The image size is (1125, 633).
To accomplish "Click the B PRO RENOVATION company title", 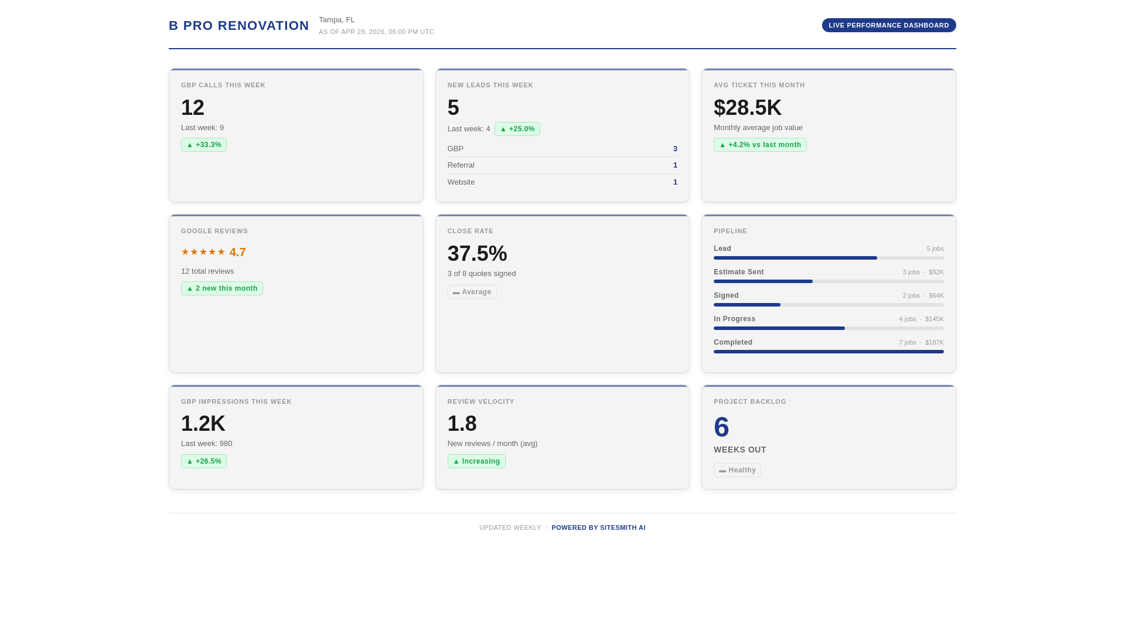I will pos(238,26).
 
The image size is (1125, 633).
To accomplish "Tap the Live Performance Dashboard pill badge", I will pos(888,25).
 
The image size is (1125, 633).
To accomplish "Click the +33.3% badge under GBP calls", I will pos(203,145).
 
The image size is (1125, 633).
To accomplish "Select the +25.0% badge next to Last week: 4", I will pos(517,129).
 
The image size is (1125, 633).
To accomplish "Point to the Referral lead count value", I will pos(675,165).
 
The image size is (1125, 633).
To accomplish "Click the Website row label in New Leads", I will pos(461,182).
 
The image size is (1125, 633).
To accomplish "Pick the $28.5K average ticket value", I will pos(747,108).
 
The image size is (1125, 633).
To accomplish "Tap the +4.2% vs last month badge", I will pos(759,145).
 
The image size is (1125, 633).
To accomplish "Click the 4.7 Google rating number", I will pos(237,253).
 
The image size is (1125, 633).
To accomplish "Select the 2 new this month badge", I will pos(221,288).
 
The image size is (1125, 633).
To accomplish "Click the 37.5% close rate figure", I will pos(477,254).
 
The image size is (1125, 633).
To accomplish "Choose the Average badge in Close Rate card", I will pos(472,292).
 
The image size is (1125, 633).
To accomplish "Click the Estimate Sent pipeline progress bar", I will pos(828,281).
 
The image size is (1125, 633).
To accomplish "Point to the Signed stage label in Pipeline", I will pos(726,295).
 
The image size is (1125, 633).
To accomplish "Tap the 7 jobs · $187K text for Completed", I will pos(921,342).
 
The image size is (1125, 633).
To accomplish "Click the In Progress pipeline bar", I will pos(828,328).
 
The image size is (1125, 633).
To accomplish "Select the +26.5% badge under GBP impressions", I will pos(203,461).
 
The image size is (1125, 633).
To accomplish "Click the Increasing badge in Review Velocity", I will pos(476,461).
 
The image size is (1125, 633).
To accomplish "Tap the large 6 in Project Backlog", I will pos(721,427).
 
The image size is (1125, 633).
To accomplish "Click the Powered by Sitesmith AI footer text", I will pos(598,527).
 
